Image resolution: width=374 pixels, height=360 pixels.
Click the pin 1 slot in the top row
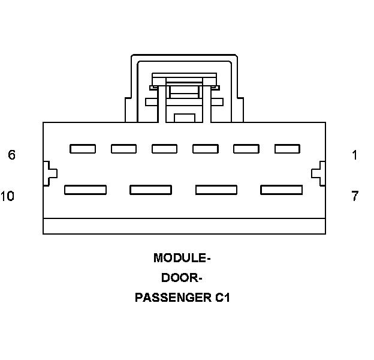[x=287, y=149]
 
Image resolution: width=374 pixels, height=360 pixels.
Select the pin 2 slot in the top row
[x=246, y=149]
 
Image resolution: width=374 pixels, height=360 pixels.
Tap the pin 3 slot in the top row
[x=205, y=149]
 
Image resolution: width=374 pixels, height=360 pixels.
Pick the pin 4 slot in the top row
[x=164, y=149]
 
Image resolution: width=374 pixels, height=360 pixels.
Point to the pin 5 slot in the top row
[x=123, y=149]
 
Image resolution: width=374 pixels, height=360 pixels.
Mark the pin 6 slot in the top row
[x=83, y=149]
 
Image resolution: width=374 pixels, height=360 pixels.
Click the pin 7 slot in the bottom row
[x=281, y=190]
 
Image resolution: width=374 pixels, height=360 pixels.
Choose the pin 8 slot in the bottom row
[x=216, y=190]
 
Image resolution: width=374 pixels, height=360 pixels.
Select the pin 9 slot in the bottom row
[x=150, y=190]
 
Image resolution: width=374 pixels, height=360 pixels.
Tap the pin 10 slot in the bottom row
[x=85, y=190]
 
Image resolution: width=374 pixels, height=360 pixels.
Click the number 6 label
[x=11, y=155]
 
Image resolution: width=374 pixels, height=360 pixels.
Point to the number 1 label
[x=355, y=155]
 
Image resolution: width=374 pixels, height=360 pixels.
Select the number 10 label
[x=8, y=196]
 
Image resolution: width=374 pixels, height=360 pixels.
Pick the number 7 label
[x=355, y=196]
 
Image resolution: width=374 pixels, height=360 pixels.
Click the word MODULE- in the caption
[x=182, y=259]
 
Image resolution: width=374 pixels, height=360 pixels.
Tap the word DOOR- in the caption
[x=182, y=278]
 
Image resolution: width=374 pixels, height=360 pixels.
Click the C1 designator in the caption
[x=222, y=298]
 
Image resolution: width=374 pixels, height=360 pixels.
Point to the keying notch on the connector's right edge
[x=319, y=173]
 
